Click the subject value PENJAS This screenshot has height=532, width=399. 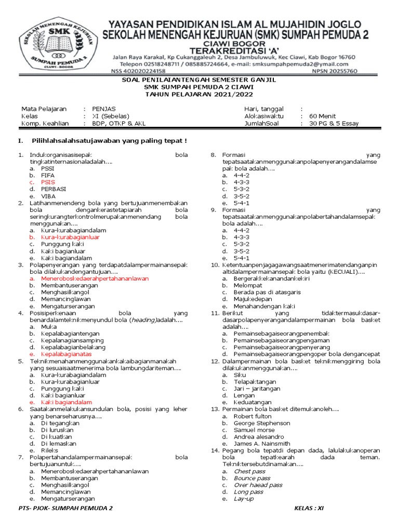pyautogui.click(x=104, y=109)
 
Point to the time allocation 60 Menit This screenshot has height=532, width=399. pyautogui.click(x=322, y=116)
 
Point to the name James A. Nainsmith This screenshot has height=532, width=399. pyautogui.click(x=262, y=444)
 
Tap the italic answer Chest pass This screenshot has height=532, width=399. pyautogui.click(x=249, y=471)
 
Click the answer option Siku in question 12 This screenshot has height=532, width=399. pyautogui.click(x=240, y=375)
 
